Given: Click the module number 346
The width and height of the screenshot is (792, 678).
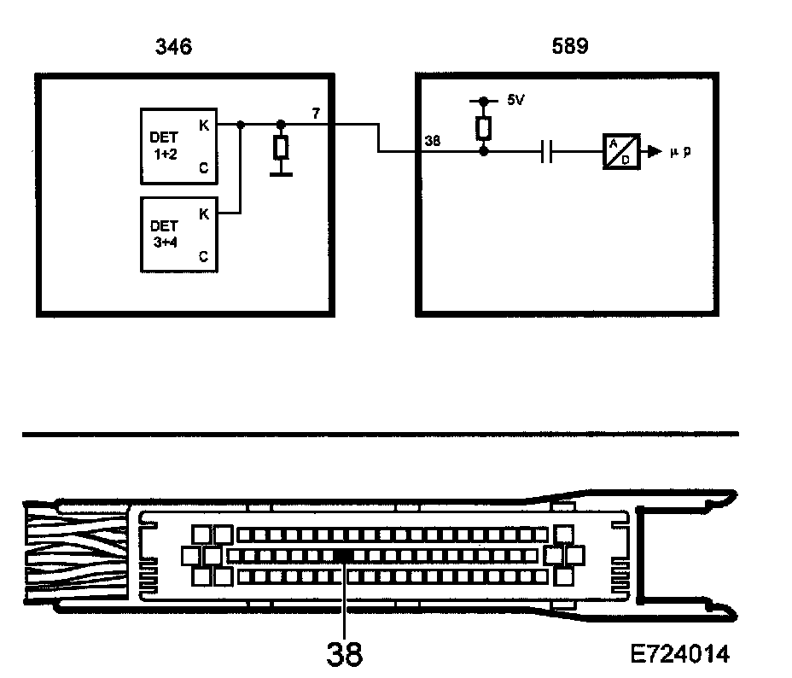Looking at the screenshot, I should [172, 46].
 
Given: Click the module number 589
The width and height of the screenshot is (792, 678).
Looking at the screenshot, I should [569, 46].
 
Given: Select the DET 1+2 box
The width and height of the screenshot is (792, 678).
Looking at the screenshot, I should [179, 146].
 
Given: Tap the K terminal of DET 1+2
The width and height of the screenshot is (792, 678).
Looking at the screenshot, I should [204, 124].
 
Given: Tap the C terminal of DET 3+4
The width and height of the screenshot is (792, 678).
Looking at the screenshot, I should [204, 255].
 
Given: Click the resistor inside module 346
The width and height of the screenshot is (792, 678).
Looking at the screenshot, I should [280, 148].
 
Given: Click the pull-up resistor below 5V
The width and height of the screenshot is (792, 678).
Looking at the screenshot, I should [483, 127].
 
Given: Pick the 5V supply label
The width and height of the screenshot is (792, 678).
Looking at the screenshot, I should [515, 101].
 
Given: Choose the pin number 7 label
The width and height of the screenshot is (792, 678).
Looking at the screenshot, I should [316, 114].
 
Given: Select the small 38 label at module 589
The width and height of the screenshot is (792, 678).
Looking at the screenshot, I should [433, 142].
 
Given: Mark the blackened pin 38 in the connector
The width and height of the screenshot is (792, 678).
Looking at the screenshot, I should [344, 555].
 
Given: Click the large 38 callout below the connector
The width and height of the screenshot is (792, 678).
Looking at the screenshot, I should [344, 654].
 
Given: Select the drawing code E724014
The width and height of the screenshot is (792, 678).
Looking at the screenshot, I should [680, 655].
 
